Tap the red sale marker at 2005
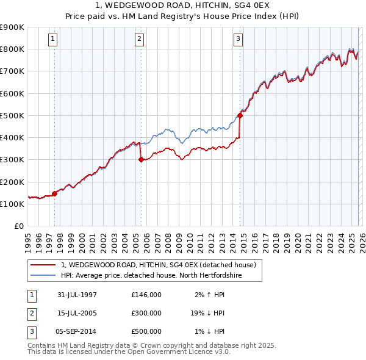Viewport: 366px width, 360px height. point(141,160)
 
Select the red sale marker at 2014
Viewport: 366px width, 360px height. point(240,115)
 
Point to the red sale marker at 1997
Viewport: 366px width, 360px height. point(55,194)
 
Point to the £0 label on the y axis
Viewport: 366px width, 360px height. point(19,226)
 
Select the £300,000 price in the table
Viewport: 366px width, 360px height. point(146,313)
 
